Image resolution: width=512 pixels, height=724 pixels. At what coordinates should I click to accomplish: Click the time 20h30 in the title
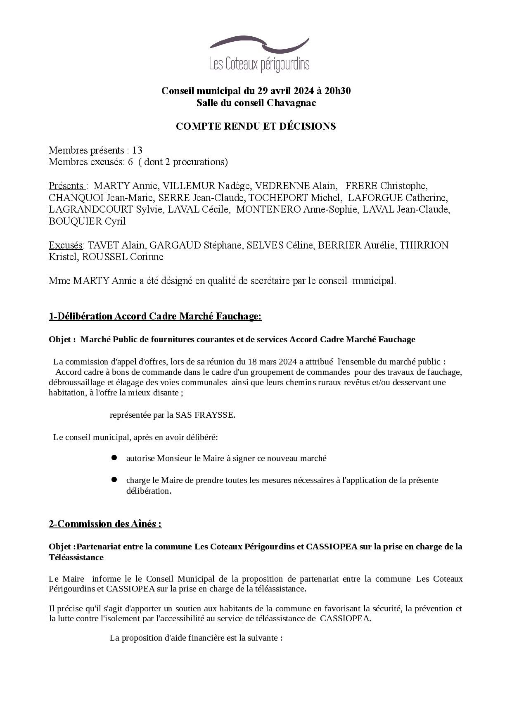click(x=337, y=91)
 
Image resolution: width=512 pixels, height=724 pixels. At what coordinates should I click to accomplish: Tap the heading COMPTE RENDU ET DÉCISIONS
click(x=256, y=126)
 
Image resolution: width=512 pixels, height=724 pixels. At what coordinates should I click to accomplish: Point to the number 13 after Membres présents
click(x=137, y=150)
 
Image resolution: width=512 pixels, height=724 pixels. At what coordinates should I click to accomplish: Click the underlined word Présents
click(x=66, y=186)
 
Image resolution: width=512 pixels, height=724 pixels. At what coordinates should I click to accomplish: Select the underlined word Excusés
click(x=65, y=245)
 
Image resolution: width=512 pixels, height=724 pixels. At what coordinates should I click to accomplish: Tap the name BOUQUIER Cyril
click(x=87, y=221)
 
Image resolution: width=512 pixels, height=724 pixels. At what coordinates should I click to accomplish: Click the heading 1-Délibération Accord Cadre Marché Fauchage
click(x=155, y=316)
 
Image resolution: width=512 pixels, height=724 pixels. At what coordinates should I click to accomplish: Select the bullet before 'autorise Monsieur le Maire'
click(x=114, y=458)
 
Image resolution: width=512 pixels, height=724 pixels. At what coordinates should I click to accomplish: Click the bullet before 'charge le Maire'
click(x=114, y=480)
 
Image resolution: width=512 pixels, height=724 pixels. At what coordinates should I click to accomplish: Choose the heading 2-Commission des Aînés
click(x=105, y=524)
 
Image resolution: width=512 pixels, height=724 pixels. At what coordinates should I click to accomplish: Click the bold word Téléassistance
click(x=76, y=557)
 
